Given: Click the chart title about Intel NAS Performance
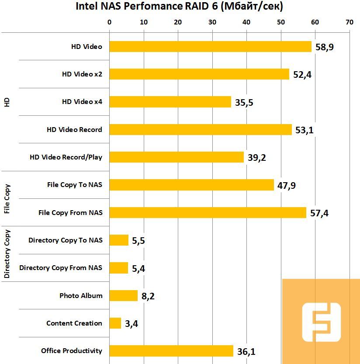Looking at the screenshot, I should pos(180,7).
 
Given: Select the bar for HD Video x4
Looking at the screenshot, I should pos(170,102).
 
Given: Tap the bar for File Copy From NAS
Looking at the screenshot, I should pos(208,212).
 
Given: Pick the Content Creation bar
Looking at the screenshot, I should pos(115,323).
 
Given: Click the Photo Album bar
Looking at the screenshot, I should pos(123,296).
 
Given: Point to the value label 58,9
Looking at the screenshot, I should pos(324,47).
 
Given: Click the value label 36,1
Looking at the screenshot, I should pos(246,351).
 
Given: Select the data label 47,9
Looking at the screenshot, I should pos(287,186).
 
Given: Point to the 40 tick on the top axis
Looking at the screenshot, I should pos(246,22).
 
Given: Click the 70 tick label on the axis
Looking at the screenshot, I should pos(349,22).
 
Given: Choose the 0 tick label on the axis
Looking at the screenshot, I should pos(109,22).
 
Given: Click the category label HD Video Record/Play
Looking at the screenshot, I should pos(66,157).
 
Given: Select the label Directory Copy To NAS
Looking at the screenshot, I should pos(66,240).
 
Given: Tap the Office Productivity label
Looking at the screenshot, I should pos(72,351).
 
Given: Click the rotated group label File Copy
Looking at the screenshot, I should pos(7,199).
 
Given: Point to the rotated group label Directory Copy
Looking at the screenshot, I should pos(7,254).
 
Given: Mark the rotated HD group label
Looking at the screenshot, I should pos(7,102).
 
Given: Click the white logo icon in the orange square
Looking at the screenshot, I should pos(321,323).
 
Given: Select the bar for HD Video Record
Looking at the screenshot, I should pos(200,129).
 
